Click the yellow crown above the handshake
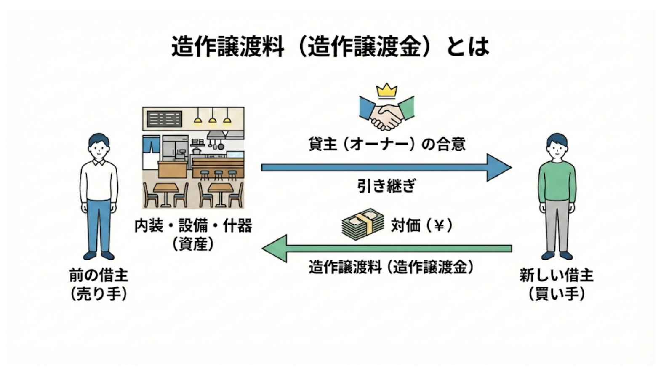[386, 90]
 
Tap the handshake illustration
[386, 113]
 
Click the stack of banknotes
[362, 225]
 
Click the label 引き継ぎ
[386, 186]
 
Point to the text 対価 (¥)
[421, 225]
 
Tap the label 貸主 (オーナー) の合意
[386, 145]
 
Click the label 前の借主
[99, 276]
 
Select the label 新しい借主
[557, 276]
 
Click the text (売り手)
[99, 294]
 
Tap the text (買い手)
[557, 294]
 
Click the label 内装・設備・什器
[193, 226]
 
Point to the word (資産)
[193, 244]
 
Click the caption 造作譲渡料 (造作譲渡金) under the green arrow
[391, 267]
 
